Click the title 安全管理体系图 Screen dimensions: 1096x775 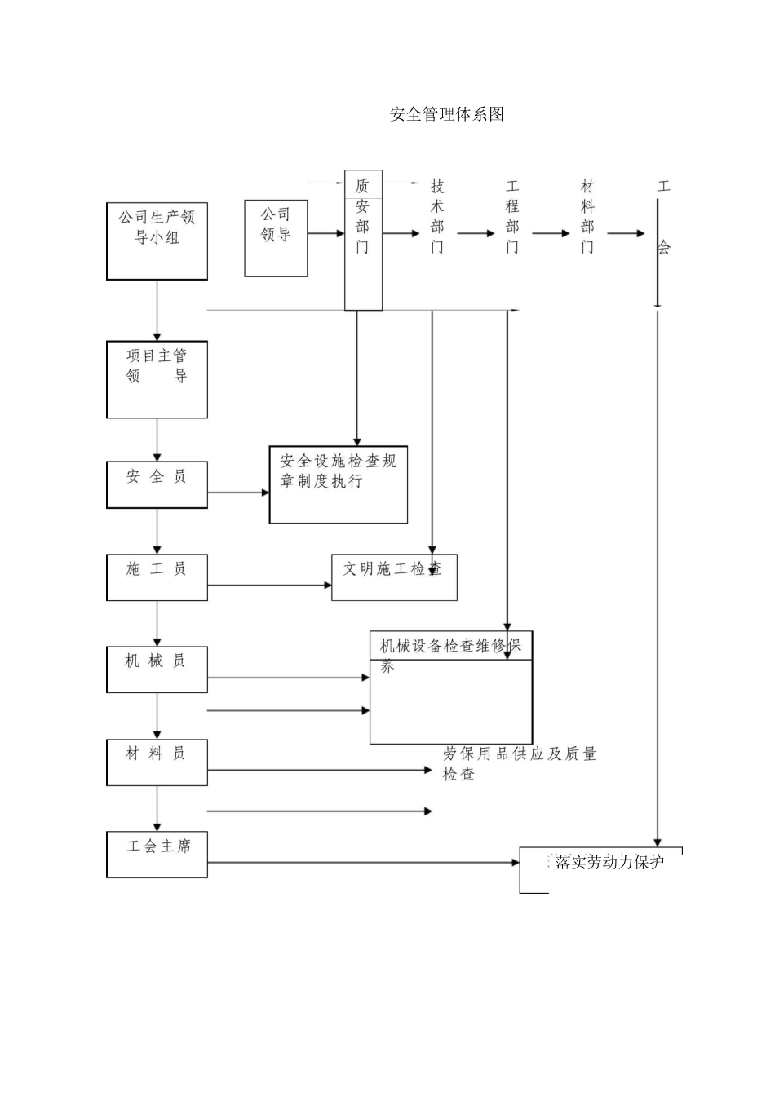point(447,114)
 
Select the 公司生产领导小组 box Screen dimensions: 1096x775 point(157,241)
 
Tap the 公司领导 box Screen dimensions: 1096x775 point(276,238)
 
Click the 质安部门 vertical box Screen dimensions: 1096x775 point(363,241)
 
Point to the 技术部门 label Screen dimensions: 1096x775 point(437,216)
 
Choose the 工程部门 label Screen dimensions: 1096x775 point(512,216)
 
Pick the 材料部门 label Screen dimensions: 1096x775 point(587,216)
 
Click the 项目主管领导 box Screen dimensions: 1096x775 point(157,380)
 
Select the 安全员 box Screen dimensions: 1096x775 point(157,484)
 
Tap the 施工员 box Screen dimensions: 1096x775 point(157,577)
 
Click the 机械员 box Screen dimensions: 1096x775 point(157,670)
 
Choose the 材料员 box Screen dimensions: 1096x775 point(157,762)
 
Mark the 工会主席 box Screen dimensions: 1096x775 point(157,855)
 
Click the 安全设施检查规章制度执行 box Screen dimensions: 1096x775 point(339,484)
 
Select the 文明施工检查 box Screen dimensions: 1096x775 point(394,577)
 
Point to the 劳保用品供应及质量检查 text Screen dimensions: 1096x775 point(519,764)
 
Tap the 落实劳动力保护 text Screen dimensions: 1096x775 point(609,863)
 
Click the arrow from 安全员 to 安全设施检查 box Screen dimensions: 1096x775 point(238,493)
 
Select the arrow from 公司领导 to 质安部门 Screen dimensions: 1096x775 point(326,234)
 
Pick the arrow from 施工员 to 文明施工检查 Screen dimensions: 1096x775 point(269,586)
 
